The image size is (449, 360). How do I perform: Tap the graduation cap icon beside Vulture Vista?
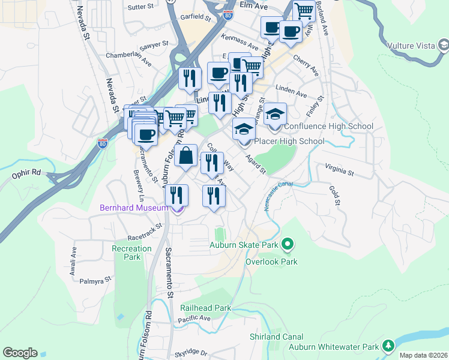[443, 45]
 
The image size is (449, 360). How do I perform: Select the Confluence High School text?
[328, 126]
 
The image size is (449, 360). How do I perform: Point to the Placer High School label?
[289, 141]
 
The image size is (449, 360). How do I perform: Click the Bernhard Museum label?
[133, 208]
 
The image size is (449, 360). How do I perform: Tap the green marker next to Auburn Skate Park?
[288, 244]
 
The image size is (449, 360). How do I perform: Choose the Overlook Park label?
[271, 262]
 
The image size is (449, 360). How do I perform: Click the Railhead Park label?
[205, 308]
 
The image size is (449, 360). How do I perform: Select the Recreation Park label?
[132, 253]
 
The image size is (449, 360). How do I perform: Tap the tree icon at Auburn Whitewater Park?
[388, 346]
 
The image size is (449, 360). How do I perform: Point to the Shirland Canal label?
[277, 337]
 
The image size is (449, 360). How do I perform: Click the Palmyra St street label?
[95, 280]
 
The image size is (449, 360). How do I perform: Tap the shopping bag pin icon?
[186, 156]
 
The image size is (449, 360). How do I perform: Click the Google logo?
[20, 353]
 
